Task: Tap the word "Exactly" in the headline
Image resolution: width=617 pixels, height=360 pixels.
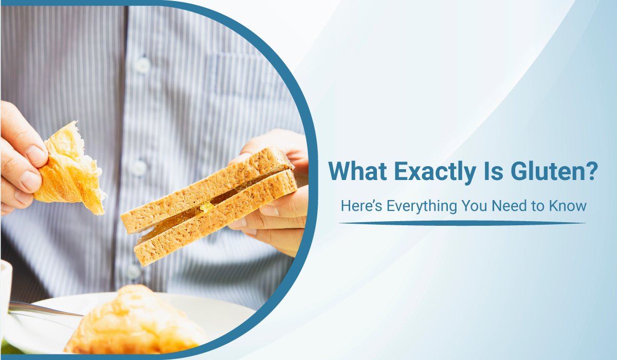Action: (435, 173)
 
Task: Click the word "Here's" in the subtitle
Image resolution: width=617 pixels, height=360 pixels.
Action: (361, 206)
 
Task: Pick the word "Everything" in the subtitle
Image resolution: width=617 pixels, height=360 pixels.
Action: (422, 207)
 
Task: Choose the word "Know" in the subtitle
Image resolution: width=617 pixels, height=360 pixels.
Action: (568, 206)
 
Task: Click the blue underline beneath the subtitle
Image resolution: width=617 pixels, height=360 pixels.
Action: (462, 223)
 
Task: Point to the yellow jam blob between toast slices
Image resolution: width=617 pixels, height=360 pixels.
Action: (206, 207)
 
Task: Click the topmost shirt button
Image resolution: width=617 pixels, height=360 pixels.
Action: (142, 65)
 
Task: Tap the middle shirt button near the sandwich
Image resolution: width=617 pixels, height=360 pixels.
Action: (138, 168)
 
